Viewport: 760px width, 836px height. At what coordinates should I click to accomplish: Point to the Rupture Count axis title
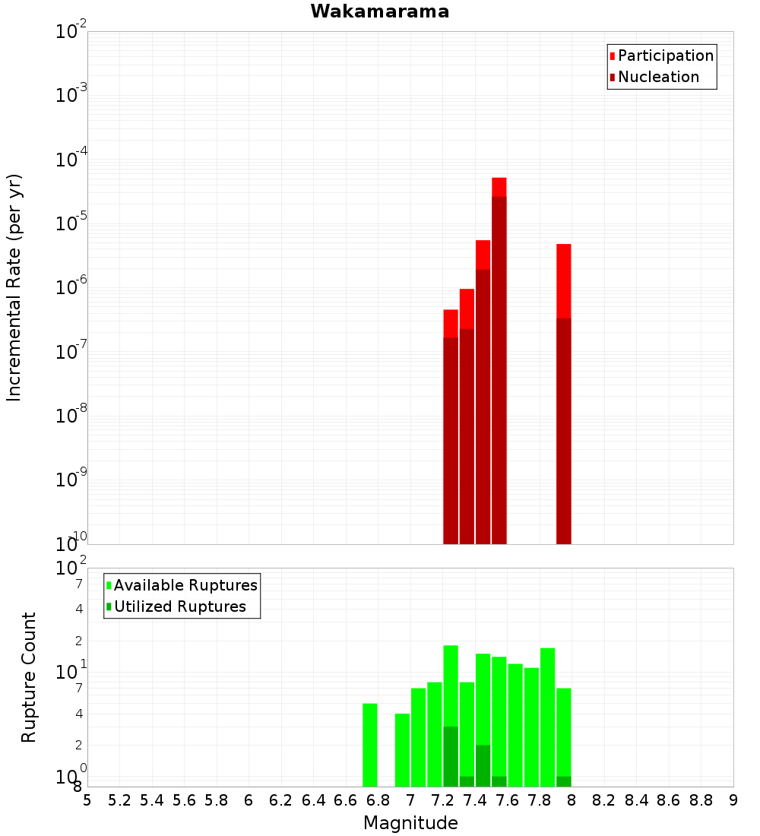pos(29,677)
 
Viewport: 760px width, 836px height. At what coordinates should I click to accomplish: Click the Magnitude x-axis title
pos(410,823)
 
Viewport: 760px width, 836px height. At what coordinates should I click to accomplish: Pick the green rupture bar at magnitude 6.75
pos(370,745)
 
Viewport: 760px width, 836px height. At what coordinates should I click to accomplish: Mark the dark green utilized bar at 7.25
pos(451,756)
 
